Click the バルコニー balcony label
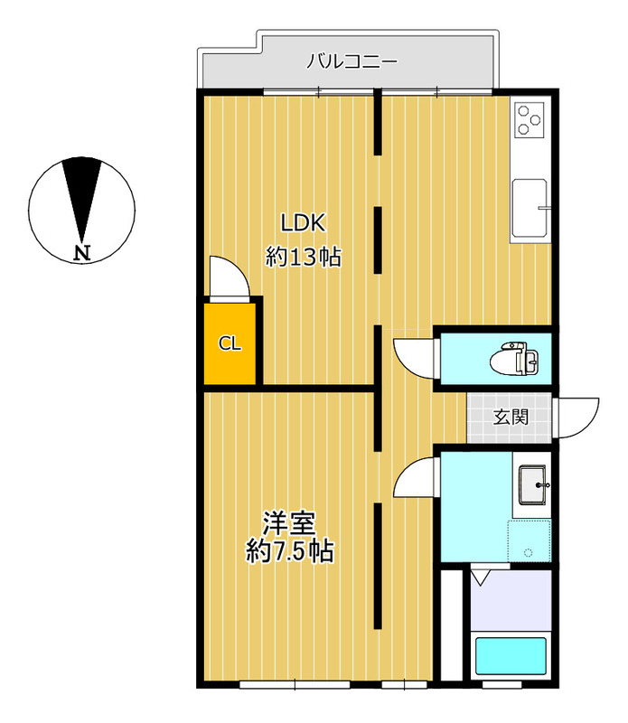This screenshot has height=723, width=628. pyautogui.click(x=351, y=61)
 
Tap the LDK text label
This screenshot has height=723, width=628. pyautogui.click(x=304, y=223)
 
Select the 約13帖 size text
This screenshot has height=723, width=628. pyautogui.click(x=304, y=257)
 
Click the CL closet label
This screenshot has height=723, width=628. pyautogui.click(x=230, y=343)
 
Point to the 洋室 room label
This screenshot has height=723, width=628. pyautogui.click(x=289, y=523)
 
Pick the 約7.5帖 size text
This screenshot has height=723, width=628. pyautogui.click(x=289, y=550)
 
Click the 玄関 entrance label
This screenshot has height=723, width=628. pyautogui.click(x=511, y=418)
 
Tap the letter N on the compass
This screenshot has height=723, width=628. pyautogui.click(x=82, y=253)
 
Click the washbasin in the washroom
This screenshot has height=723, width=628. pyautogui.click(x=532, y=485)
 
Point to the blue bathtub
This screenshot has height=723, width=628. pyautogui.click(x=511, y=656)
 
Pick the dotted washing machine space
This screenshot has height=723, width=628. pyautogui.click(x=530, y=541)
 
